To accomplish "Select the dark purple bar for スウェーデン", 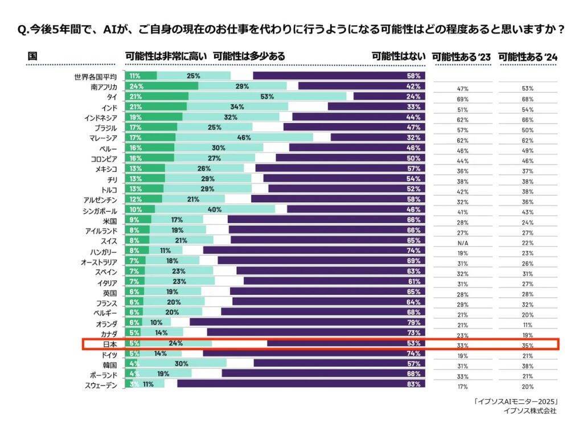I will coord(301,384).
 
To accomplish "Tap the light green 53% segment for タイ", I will coord(267,96).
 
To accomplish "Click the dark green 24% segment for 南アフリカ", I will coord(162,86).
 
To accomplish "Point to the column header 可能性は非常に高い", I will coord(166,56).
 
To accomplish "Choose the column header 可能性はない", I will coord(398,56).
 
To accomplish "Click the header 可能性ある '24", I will coord(528,56).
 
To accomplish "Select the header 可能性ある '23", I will coord(461,56).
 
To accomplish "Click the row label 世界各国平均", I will coord(95,76).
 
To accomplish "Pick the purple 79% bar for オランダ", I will coord(307,322).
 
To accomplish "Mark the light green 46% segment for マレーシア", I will coord(244,137).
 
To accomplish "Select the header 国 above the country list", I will coord(32,56).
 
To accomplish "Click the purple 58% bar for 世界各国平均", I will coord(339,76).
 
